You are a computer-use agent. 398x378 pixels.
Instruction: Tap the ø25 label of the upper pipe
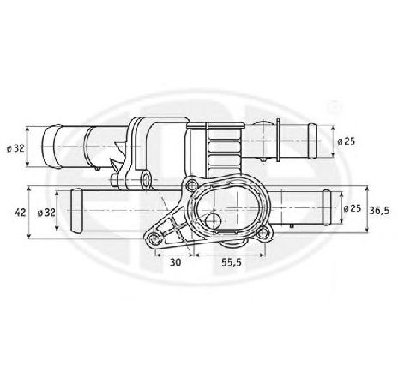[x=345, y=140]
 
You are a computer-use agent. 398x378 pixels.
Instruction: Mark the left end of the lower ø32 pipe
[x=61, y=211]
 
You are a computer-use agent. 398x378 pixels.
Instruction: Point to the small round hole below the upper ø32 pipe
[x=148, y=179]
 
